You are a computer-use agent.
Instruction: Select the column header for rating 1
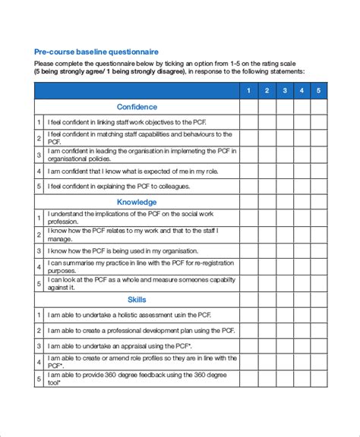coord(247,91)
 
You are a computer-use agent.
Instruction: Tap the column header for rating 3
coord(283,91)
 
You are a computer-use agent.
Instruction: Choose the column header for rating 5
coord(319,91)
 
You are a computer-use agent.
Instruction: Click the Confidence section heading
coord(137,107)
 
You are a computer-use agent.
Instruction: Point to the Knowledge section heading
coord(137,202)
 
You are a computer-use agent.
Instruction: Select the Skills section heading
coord(137,300)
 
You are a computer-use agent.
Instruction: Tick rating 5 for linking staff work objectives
coord(319,122)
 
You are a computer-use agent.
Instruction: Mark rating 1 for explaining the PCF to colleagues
coord(247,187)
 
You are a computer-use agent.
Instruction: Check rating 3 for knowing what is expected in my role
coord(283,171)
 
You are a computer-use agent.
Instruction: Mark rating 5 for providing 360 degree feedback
coord(319,379)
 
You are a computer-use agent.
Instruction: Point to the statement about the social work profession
coord(129,218)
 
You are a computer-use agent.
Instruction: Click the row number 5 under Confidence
coord(39,187)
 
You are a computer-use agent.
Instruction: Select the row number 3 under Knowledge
coord(39,250)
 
